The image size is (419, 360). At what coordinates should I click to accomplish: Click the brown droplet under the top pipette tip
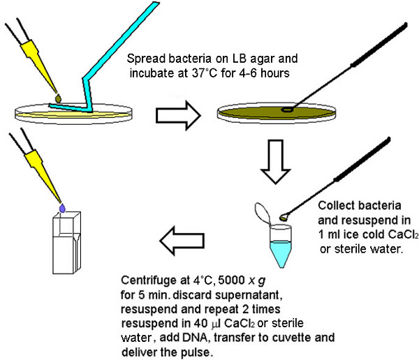pyautogui.click(x=58, y=98)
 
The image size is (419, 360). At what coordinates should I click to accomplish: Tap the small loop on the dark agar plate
pyautogui.click(x=287, y=110)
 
